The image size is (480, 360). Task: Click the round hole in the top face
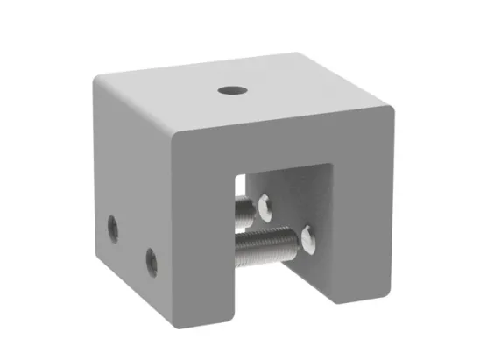pos(232,89)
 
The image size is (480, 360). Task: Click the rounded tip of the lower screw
pos(307,236)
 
